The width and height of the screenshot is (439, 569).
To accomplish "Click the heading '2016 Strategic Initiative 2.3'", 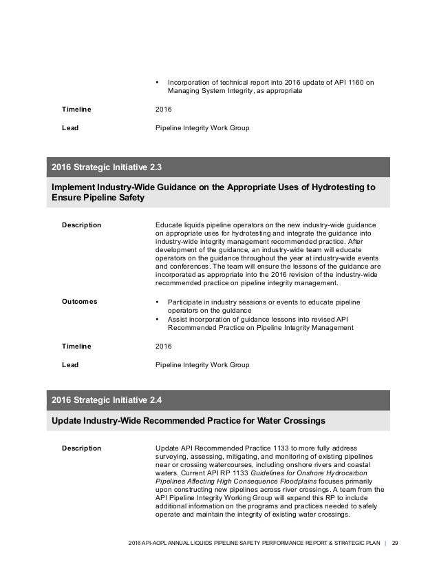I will pyautogui.click(x=107, y=167).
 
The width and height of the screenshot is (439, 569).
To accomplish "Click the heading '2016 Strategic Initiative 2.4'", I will pyautogui.click(x=107, y=400).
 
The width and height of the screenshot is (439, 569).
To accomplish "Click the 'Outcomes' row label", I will pyautogui.click(x=80, y=301).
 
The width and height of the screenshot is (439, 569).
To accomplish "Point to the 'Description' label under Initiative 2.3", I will pyautogui.click(x=82, y=225).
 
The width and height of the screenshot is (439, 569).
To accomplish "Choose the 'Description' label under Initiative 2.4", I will pyautogui.click(x=82, y=448).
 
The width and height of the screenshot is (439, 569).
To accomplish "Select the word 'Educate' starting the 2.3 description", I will pyautogui.click(x=169, y=225).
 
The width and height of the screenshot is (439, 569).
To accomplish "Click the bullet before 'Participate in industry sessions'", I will pyautogui.click(x=158, y=302).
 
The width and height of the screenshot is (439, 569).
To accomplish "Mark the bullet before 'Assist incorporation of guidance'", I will pyautogui.click(x=158, y=319).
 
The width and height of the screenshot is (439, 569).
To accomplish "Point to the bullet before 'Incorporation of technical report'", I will pyautogui.click(x=158, y=83).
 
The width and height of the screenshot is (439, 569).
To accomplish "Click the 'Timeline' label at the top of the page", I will pyautogui.click(x=76, y=110).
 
